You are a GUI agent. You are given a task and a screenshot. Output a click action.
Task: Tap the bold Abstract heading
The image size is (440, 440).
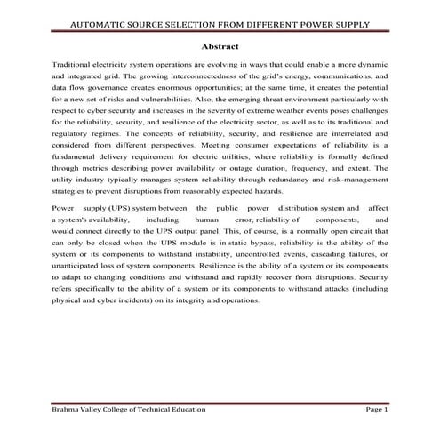point(220,46)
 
